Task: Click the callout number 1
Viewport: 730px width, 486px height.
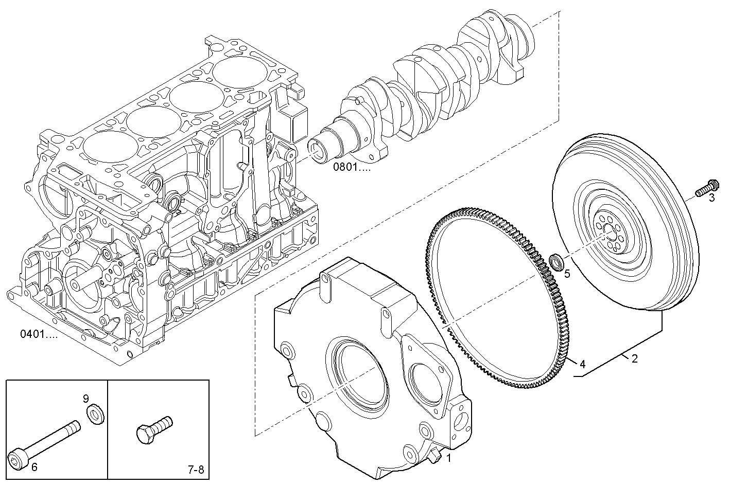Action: coord(448,457)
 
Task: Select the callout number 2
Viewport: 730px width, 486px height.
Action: coord(635,359)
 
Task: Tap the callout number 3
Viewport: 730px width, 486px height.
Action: coord(712,199)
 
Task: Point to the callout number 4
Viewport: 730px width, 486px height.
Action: coord(582,364)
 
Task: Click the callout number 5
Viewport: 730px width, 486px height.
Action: coord(567,273)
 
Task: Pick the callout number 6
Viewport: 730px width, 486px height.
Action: coord(34,467)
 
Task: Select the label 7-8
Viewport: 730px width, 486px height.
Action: coord(195,470)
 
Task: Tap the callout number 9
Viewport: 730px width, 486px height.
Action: coord(86,398)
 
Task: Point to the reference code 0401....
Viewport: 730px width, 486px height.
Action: coord(39,334)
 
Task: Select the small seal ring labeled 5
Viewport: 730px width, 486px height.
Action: coord(556,261)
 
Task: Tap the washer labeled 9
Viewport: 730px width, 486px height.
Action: coord(94,414)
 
